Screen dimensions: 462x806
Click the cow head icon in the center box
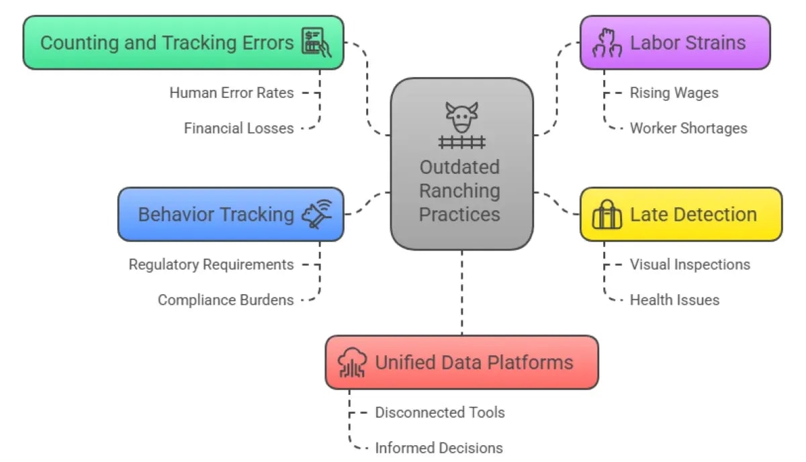coord(461,118)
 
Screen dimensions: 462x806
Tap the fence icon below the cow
coord(461,142)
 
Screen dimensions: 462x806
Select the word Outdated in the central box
coord(460,167)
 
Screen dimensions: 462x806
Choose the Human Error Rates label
coord(231,93)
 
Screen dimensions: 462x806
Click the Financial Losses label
coord(238,128)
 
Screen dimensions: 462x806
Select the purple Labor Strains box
coord(674,43)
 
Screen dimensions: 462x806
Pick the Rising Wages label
coord(674,93)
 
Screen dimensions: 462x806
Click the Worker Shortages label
coord(688,128)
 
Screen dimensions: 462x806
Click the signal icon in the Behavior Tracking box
coord(317,215)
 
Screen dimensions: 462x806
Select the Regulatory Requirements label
coord(211,265)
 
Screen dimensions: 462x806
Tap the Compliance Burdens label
coord(226,299)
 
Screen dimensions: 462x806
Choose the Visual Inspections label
coord(690,265)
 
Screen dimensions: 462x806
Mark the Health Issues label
coord(674,299)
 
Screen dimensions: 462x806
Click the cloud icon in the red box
coord(352,363)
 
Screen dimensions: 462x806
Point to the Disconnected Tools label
coord(439,412)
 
